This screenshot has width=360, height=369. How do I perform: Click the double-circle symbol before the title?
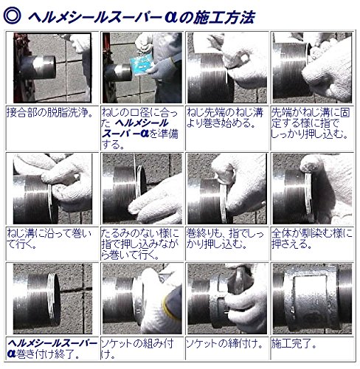12,15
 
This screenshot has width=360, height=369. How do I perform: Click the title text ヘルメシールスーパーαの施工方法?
142,17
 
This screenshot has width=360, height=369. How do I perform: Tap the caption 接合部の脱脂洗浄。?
50,113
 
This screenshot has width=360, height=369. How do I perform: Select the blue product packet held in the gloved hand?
142,66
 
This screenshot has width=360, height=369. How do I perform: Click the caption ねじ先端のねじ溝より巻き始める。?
225,118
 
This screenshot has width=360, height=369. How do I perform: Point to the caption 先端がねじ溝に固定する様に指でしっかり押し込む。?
310,123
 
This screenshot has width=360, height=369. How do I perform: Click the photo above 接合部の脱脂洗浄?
52,68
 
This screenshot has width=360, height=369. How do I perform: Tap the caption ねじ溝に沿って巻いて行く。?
49,238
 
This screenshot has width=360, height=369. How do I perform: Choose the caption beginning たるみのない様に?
140,244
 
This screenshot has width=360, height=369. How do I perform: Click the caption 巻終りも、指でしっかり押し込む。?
225,238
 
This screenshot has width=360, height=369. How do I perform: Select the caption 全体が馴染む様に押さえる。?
311,238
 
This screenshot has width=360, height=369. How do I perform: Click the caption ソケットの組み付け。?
137,349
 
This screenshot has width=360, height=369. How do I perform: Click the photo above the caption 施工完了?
312,299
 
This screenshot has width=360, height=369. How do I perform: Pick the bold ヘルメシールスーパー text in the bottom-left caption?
52,343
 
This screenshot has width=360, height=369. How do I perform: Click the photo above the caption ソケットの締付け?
227,299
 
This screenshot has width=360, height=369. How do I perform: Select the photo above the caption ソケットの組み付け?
142,299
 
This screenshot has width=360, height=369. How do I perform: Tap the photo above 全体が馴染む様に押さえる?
312,189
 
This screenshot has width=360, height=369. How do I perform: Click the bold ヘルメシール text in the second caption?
142,123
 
